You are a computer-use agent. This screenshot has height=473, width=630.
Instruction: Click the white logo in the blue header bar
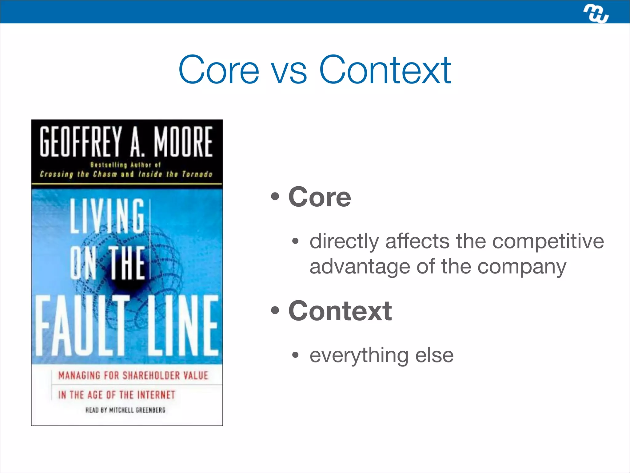[596, 14]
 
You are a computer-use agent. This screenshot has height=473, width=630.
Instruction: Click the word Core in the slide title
[219, 70]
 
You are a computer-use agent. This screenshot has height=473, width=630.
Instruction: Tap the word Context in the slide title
[385, 70]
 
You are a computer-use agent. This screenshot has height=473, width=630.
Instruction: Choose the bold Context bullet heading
[340, 311]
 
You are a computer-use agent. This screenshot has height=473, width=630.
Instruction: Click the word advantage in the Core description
[360, 267]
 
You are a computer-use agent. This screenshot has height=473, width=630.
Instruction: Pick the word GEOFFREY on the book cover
[81, 141]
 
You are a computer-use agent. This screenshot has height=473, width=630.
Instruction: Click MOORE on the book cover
[183, 141]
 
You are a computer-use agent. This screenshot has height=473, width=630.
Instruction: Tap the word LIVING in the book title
[107, 216]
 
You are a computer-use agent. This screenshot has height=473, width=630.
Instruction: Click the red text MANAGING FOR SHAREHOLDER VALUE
[133, 376]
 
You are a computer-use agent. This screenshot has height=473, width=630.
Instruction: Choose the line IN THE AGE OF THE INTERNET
[117, 395]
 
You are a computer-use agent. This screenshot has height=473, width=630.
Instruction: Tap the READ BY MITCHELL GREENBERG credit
[125, 410]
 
